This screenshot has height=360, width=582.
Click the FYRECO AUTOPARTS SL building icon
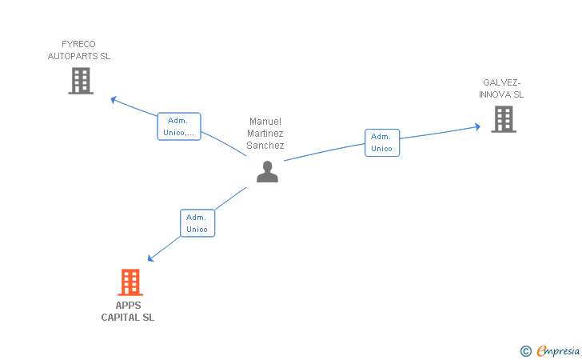[x=81, y=81]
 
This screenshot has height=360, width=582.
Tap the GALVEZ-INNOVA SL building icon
[x=503, y=119]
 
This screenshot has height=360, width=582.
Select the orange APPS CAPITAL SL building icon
[x=130, y=282]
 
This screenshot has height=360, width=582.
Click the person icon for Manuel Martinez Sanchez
[x=267, y=172]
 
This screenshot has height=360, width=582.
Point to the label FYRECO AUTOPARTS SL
[x=79, y=50]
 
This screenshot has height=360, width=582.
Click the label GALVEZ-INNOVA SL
[x=501, y=89]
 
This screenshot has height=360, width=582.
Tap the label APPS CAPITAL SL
[x=128, y=311]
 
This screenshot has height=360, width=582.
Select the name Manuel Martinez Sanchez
[x=265, y=134]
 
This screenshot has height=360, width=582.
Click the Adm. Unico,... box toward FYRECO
[x=179, y=126]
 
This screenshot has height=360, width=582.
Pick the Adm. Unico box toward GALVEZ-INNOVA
[x=382, y=142]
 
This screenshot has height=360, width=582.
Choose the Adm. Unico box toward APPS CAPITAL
[x=197, y=223]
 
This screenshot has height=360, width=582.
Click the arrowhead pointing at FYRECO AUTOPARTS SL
[x=114, y=99]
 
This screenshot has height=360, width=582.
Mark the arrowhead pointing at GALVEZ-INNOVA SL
[x=477, y=126]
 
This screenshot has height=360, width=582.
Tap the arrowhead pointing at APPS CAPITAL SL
[x=151, y=258]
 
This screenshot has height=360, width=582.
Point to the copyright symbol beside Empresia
[x=525, y=350]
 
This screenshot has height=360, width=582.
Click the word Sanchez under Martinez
[x=265, y=146]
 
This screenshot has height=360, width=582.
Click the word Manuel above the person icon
[x=265, y=122]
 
